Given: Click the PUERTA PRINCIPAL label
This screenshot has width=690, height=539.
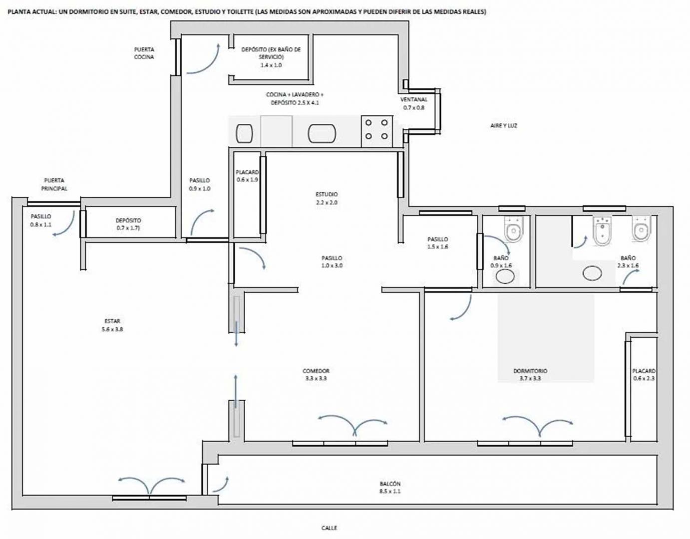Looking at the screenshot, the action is click(x=54, y=184).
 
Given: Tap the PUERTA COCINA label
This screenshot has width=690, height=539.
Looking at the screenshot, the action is click(x=144, y=53).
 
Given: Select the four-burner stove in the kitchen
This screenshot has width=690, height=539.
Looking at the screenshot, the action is click(x=376, y=131).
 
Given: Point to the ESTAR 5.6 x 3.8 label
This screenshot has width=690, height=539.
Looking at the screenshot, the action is click(x=112, y=325).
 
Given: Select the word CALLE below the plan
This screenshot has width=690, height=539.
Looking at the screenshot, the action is click(x=329, y=528).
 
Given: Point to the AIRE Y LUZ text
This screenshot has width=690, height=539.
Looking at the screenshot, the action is click(x=504, y=126).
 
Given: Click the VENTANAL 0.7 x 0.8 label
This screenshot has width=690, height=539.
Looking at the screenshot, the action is click(x=413, y=103).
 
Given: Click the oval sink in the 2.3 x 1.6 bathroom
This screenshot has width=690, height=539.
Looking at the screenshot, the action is click(x=593, y=273).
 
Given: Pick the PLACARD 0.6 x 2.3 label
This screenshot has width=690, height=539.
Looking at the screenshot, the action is click(x=644, y=374).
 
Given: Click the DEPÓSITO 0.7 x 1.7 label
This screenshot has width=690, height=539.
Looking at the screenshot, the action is click(x=128, y=224).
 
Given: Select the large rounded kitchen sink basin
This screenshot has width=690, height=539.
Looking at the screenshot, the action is click(x=322, y=133).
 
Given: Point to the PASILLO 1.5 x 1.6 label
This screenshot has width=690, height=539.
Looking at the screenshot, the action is click(x=437, y=243).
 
